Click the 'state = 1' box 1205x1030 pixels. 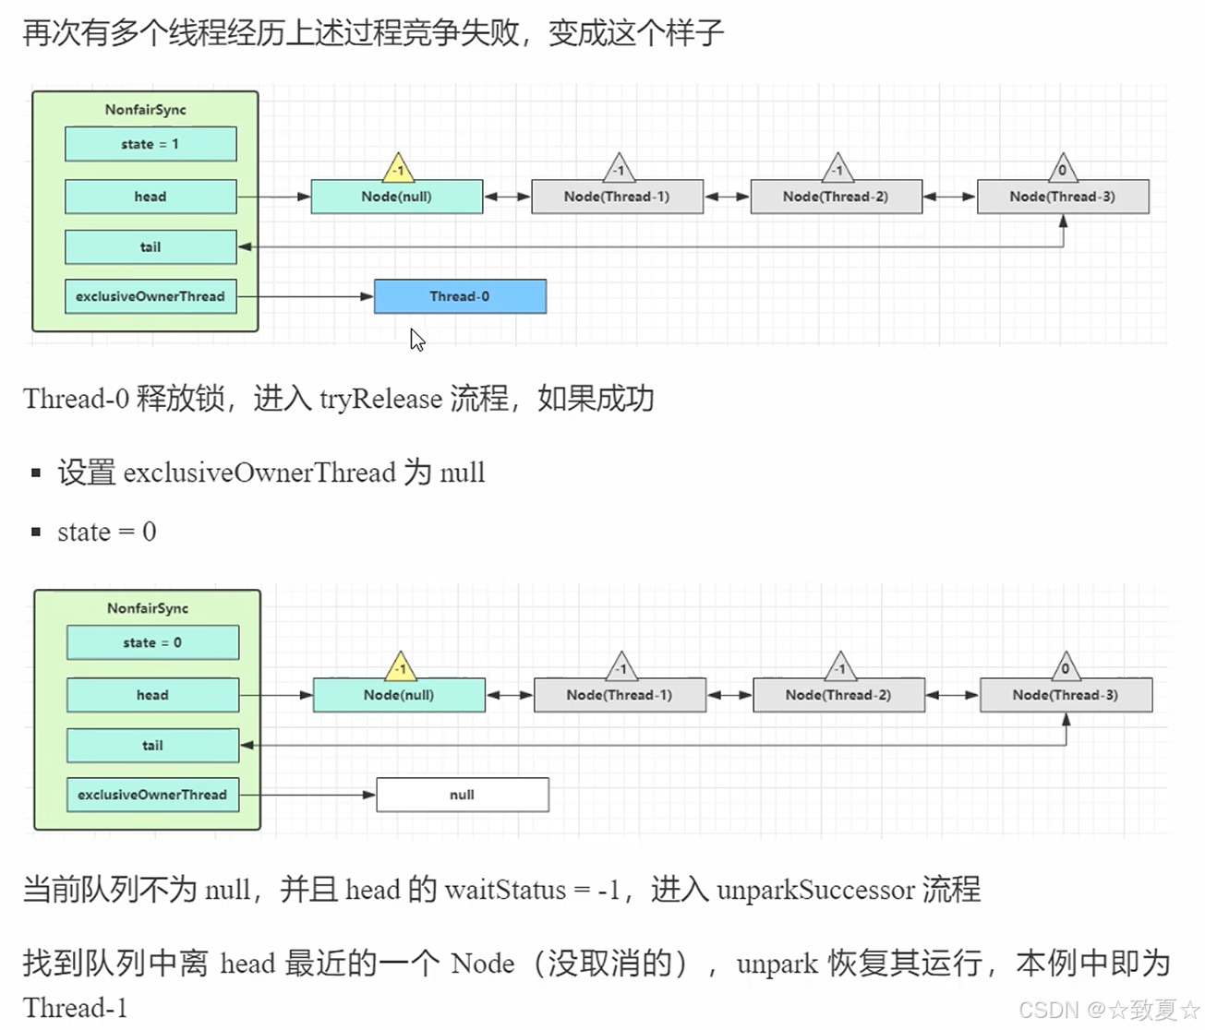pos(151,144)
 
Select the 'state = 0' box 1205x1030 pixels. pos(152,642)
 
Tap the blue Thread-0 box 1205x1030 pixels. pos(460,296)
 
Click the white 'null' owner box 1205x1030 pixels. pos(463,795)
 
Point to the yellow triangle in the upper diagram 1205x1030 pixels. pos(398,169)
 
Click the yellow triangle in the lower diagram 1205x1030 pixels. pos(400,667)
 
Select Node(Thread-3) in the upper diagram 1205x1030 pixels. pos(1063,197)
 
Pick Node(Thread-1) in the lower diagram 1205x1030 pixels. pos(620,695)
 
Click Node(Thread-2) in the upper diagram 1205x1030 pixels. pos(836,197)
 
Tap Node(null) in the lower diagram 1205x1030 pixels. pos(399,695)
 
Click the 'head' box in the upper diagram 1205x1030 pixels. pos(151,197)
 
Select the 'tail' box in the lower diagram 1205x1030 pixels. pos(152,745)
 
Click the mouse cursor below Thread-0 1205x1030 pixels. pos(416,340)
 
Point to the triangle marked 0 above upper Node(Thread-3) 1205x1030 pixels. pos(1063,169)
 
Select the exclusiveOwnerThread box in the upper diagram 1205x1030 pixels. pos(151,296)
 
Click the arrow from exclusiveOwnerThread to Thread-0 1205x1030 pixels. pos(305,296)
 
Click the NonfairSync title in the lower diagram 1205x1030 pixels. pos(148,608)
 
